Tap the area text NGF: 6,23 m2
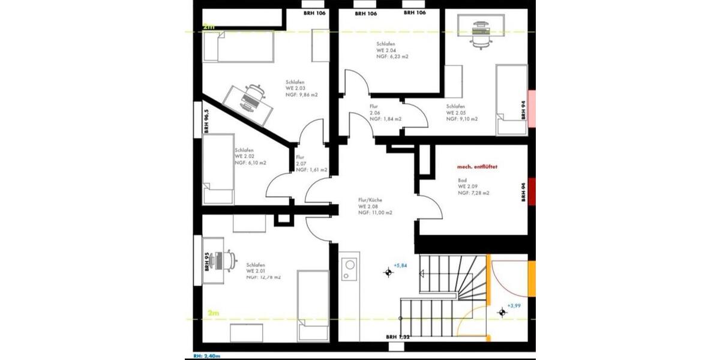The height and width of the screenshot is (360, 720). tap(392, 56)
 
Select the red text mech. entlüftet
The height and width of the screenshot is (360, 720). tap(477, 166)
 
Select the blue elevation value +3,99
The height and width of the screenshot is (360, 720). tap(514, 306)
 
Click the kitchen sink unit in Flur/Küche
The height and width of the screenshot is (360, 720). tap(348, 268)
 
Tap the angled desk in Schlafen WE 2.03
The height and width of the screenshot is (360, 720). tap(250, 103)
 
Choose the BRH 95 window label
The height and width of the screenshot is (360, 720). tap(207, 262)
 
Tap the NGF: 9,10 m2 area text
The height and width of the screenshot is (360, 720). tap(462, 119)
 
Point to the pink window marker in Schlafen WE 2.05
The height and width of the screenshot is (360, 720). tap(531, 107)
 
